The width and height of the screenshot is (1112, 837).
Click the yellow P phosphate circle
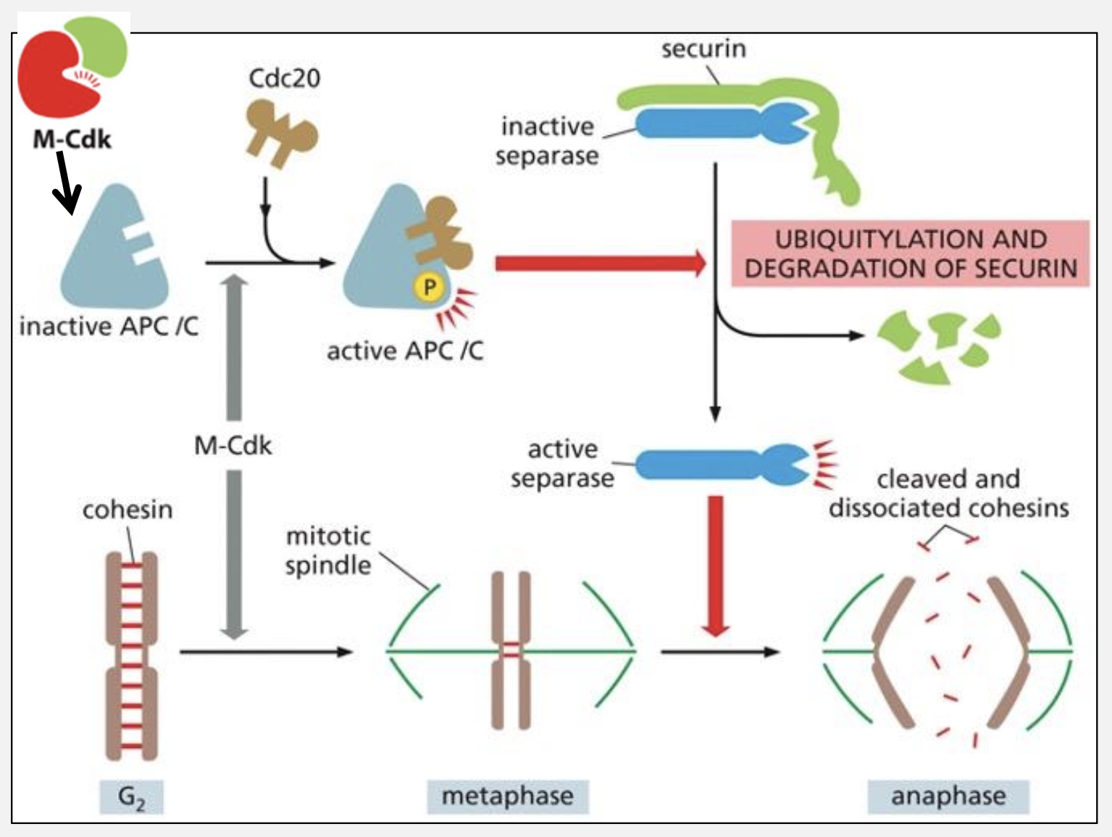[429, 287]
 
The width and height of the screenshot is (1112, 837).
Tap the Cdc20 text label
[284, 78]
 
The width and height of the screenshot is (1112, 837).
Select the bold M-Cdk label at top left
[72, 138]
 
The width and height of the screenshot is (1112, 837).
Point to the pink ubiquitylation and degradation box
[910, 253]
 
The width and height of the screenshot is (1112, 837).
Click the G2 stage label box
[131, 796]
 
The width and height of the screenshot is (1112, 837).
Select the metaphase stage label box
[507, 796]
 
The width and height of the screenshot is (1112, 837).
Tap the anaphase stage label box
[948, 796]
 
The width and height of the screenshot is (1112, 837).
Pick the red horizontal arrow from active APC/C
[598, 263]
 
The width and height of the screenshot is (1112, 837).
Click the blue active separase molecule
[721, 465]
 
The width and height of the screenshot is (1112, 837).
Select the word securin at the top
[703, 49]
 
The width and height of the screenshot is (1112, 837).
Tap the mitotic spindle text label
[328, 550]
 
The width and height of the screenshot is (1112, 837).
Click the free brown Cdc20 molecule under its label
[279, 134]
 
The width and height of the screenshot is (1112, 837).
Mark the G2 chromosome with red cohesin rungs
[131, 655]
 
